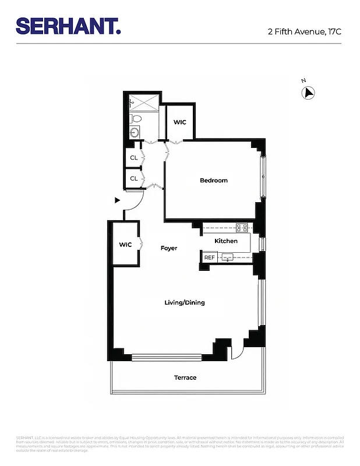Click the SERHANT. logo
(x=68, y=26)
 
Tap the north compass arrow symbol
(x=308, y=92)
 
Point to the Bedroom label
(x=214, y=181)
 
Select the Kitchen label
(x=226, y=241)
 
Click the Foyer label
(x=169, y=248)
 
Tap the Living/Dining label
(x=184, y=303)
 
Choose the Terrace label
(x=185, y=378)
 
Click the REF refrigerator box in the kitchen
(x=209, y=257)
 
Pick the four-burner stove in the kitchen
(x=242, y=228)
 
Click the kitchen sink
(x=229, y=257)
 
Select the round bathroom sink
(x=135, y=132)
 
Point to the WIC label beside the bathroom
(x=180, y=122)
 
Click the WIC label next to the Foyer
(x=126, y=245)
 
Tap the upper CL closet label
(x=134, y=158)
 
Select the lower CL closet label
(x=134, y=179)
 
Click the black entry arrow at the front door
(x=117, y=200)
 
